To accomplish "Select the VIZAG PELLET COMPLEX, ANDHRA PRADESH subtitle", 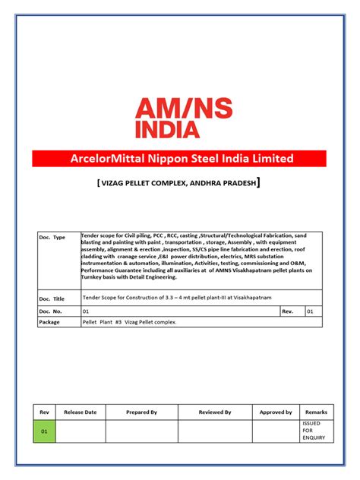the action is pyautogui.click(x=179, y=185).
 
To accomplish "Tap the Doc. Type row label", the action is pyautogui.click(x=52, y=238).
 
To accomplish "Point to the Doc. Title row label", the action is pyautogui.click(x=52, y=298).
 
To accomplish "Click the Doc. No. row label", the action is pyautogui.click(x=51, y=311).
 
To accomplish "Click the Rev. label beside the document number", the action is pyautogui.click(x=287, y=311).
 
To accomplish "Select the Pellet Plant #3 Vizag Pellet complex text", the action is pyautogui.click(x=129, y=322).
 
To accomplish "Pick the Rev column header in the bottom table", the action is pyautogui.click(x=44, y=412).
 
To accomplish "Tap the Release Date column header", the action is pyautogui.click(x=81, y=412).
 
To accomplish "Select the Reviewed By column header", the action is pyautogui.click(x=215, y=412).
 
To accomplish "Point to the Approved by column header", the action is pyautogui.click(x=276, y=412).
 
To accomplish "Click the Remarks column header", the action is pyautogui.click(x=316, y=412).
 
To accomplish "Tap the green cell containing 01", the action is pyautogui.click(x=44, y=431).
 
